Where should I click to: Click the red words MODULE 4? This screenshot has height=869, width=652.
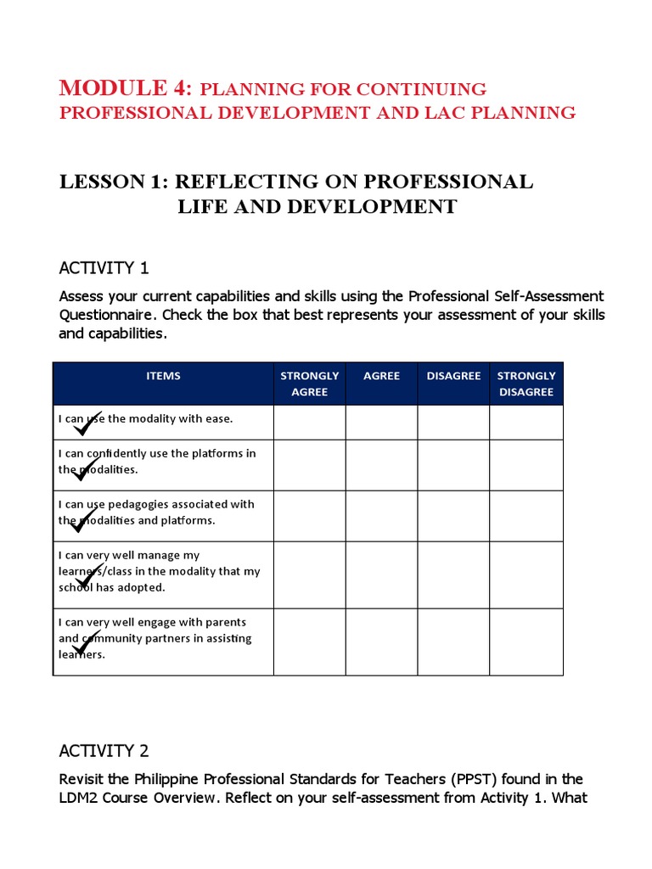pyautogui.click(x=126, y=87)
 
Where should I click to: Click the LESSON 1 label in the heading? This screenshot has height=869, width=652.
pyautogui.click(x=109, y=182)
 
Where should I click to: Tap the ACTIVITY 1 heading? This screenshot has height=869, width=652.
pyautogui.click(x=104, y=268)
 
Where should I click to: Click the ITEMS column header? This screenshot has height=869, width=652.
pyautogui.click(x=163, y=376)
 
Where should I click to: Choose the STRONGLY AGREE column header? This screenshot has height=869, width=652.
pyautogui.click(x=309, y=384)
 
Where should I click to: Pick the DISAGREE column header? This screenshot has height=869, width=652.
pyautogui.click(x=453, y=376)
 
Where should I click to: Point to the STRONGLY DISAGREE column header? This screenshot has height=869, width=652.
pyautogui.click(x=526, y=384)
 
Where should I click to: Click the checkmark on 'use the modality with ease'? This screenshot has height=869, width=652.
pyautogui.click(x=87, y=423)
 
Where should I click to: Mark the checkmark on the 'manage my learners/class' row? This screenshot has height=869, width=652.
pyautogui.click(x=88, y=576)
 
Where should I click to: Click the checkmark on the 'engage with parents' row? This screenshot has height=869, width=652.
pyautogui.click(x=87, y=642)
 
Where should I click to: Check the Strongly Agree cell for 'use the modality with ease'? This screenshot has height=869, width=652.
pyautogui.click(x=309, y=423)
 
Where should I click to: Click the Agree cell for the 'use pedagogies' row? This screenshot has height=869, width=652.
pyautogui.click(x=381, y=516)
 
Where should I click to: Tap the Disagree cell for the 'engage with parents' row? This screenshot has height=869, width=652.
pyautogui.click(x=453, y=642)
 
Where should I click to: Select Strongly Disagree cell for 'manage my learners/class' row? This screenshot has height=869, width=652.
pyautogui.click(x=526, y=575)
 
